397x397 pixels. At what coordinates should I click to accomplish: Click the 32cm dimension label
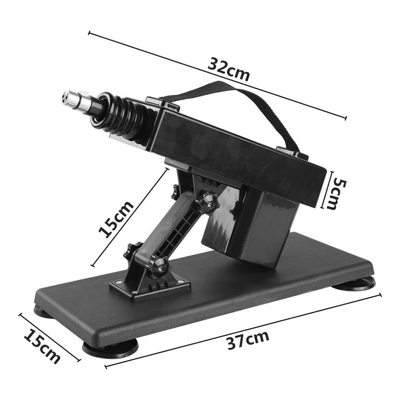tap(229, 69)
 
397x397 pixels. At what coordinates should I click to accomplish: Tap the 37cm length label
tap(248, 340)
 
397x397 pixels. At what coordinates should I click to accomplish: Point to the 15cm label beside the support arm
tap(116, 219)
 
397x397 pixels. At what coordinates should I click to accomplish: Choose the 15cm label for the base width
tap(42, 346)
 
